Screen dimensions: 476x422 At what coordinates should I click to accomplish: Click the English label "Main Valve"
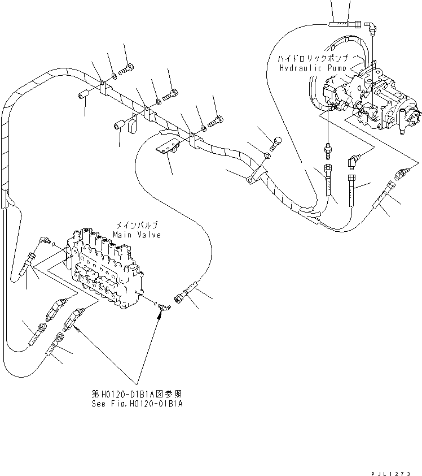[136, 234]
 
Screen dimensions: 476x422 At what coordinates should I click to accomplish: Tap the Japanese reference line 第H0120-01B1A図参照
[137, 394]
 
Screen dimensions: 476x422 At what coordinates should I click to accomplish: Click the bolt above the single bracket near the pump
[276, 141]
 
